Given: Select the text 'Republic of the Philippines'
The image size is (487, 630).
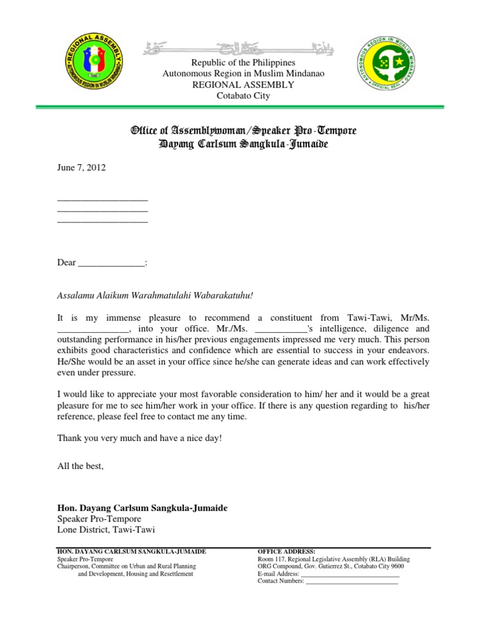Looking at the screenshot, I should pos(244,63).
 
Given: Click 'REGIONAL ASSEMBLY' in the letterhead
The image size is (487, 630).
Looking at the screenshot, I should pos(244,85).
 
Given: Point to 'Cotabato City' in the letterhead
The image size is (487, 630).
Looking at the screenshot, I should pos(244,96).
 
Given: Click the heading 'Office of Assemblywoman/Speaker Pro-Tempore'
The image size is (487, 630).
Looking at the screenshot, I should pos(243,131).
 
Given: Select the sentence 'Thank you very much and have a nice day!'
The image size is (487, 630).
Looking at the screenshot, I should pos(140,438).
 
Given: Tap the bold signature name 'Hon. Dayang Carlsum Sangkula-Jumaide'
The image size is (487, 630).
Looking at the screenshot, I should pos(143,508).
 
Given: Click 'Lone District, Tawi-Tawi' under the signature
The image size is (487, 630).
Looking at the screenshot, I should pos(106,530).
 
